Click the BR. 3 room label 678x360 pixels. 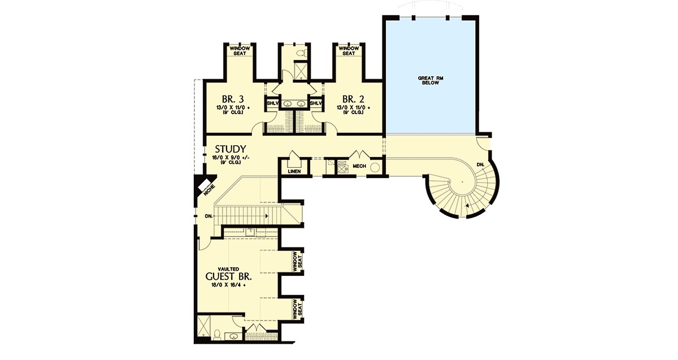(x=233, y=99)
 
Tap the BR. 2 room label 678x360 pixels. (x=353, y=99)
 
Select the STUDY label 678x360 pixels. (x=231, y=149)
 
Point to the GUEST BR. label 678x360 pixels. (x=228, y=276)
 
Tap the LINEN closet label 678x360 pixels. (x=294, y=171)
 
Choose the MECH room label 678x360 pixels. (x=359, y=166)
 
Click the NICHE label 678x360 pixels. (x=210, y=190)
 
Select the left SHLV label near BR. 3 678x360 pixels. (x=272, y=103)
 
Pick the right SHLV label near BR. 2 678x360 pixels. (x=316, y=103)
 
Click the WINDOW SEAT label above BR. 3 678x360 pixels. (x=240, y=51)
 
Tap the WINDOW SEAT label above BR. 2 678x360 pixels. (x=349, y=51)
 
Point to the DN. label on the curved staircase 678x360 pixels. (x=480, y=164)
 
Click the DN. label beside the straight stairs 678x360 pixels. (x=208, y=216)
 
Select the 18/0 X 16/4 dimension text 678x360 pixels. (x=229, y=285)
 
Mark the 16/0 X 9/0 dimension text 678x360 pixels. (x=231, y=158)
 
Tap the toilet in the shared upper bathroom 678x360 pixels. (x=301, y=54)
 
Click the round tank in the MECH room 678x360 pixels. (x=375, y=167)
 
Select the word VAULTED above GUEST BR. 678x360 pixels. (x=228, y=269)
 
